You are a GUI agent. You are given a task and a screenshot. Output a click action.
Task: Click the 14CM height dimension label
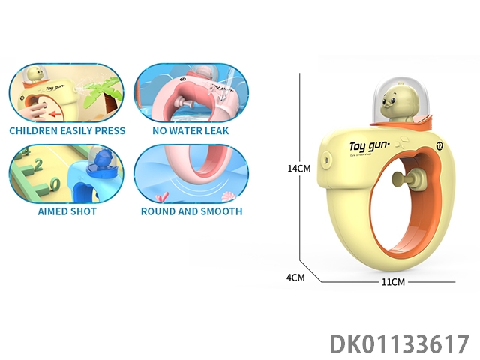point(298,169)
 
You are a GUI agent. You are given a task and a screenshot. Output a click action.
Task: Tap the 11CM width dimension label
point(394,281)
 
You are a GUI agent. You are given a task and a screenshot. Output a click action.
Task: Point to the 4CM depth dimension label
point(296,277)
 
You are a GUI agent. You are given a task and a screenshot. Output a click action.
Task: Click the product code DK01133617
point(399,343)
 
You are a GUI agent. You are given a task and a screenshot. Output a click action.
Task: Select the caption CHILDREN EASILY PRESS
point(67,130)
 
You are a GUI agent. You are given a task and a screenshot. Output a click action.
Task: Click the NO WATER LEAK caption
point(191,130)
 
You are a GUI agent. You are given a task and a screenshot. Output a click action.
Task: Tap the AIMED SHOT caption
point(67,211)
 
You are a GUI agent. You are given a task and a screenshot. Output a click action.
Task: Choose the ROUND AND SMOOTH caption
point(191,211)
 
